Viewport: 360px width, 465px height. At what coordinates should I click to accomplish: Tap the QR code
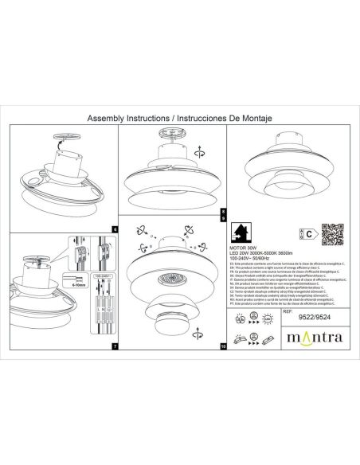[331, 233]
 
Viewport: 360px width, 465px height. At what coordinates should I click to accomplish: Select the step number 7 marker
[114, 347]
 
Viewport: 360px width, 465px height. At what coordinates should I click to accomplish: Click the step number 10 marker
[224, 347]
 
